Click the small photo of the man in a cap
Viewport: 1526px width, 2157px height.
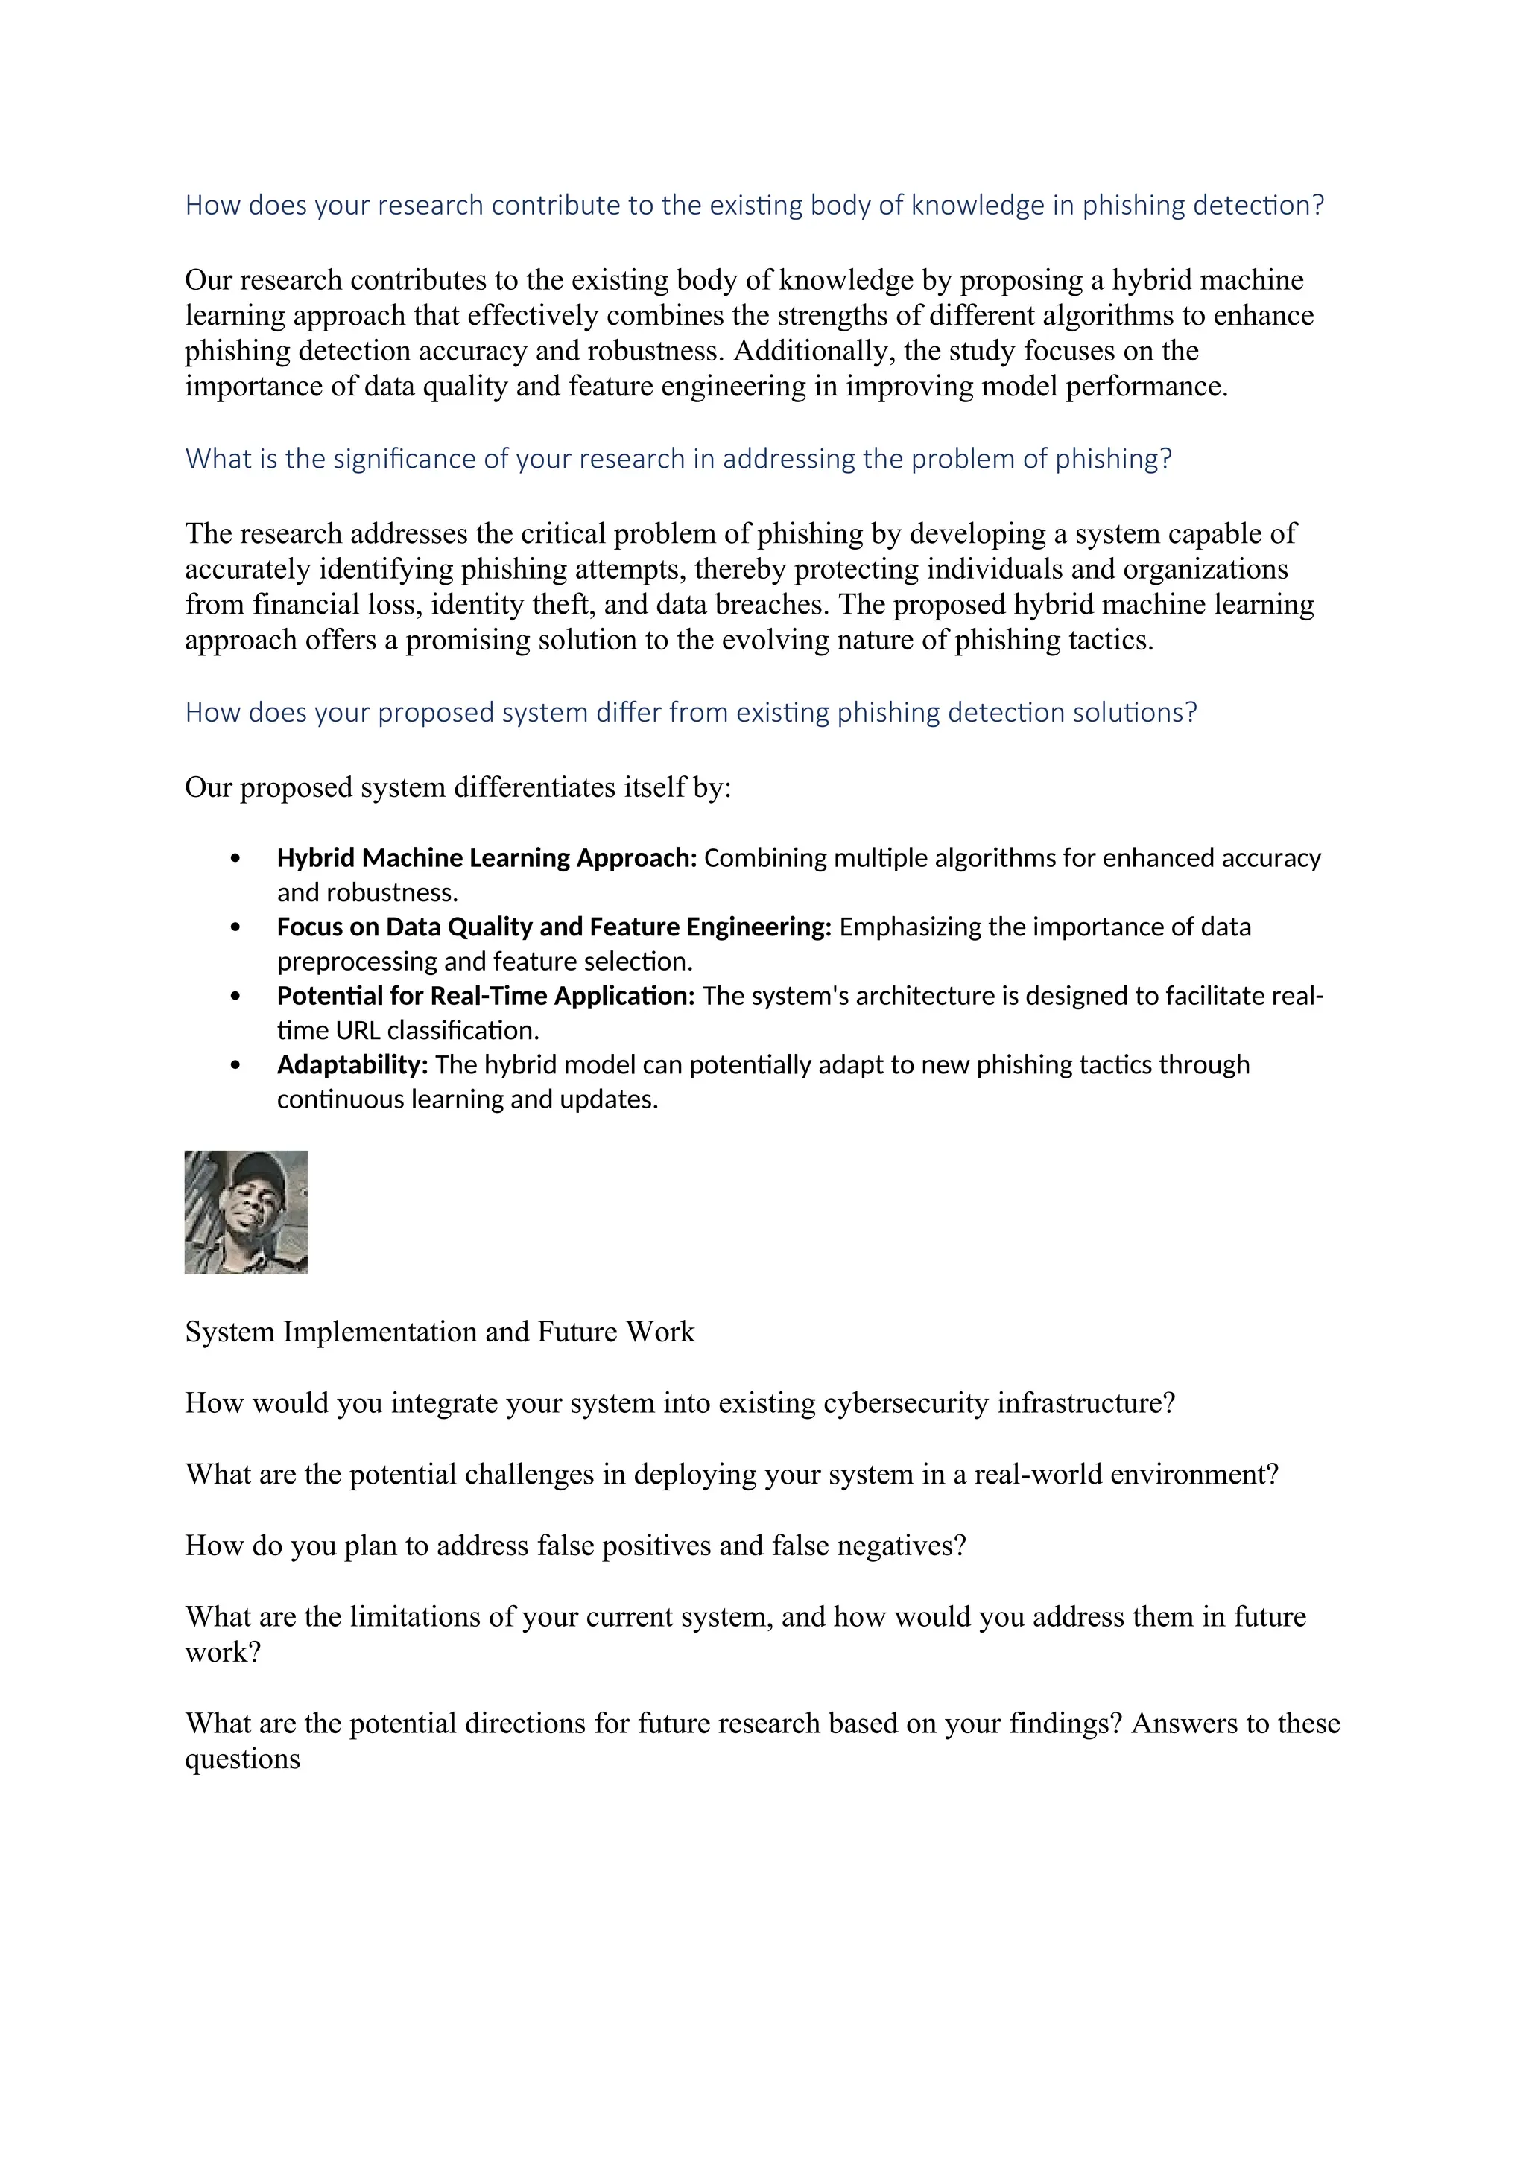coord(245,1212)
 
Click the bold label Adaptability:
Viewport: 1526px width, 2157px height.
coord(352,1064)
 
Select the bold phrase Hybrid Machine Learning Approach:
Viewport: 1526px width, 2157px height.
coord(486,858)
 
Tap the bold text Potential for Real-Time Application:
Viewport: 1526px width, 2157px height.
coord(485,996)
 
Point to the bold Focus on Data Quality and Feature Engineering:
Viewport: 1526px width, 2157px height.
coord(554,927)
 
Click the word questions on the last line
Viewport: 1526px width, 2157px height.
coord(242,1759)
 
